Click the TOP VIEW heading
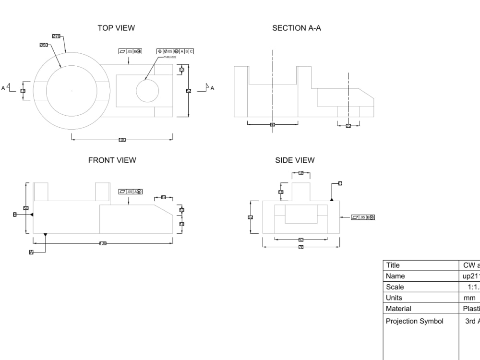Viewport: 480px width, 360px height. pyautogui.click(x=116, y=28)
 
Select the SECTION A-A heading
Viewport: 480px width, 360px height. pyautogui.click(x=297, y=28)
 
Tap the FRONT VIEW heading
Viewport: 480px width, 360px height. pyautogui.click(x=112, y=160)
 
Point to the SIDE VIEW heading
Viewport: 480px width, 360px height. pyautogui.click(x=295, y=160)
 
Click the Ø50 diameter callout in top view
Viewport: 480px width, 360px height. pyautogui.click(x=44, y=45)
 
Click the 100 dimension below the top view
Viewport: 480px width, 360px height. pyautogui.click(x=122, y=140)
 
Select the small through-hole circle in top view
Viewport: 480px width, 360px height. pyautogui.click(x=147, y=91)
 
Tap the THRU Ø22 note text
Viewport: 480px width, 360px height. pyautogui.click(x=170, y=57)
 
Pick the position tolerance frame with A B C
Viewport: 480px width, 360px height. pyautogui.click(x=175, y=51)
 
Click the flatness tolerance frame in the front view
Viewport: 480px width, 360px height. pyautogui.click(x=131, y=192)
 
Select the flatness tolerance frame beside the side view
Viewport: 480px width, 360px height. pyautogui.click(x=363, y=217)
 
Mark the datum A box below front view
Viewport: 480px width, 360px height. pyautogui.click(x=31, y=252)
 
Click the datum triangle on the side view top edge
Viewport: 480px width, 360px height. pyautogui.click(x=332, y=199)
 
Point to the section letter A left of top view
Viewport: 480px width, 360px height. pyautogui.click(x=3, y=88)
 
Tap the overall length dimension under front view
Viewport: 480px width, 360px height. pyautogui.click(x=103, y=243)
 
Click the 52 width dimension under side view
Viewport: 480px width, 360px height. pyautogui.click(x=301, y=239)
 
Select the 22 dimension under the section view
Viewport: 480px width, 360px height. pyautogui.click(x=348, y=126)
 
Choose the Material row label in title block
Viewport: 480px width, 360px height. pyautogui.click(x=398, y=309)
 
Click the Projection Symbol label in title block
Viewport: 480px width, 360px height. pyautogui.click(x=415, y=321)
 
